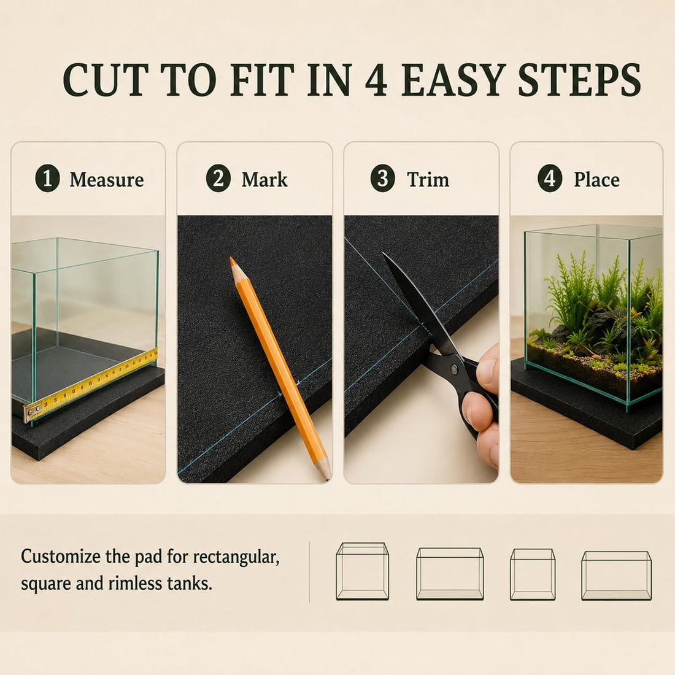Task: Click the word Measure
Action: click(107, 180)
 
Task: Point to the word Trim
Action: click(428, 180)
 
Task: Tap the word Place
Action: click(596, 180)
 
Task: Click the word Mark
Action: click(264, 180)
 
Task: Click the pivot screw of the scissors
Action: click(453, 368)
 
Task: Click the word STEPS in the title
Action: click(580, 80)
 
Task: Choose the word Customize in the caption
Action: click(61, 557)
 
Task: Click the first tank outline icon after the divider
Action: click(362, 571)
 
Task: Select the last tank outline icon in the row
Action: click(617, 576)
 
